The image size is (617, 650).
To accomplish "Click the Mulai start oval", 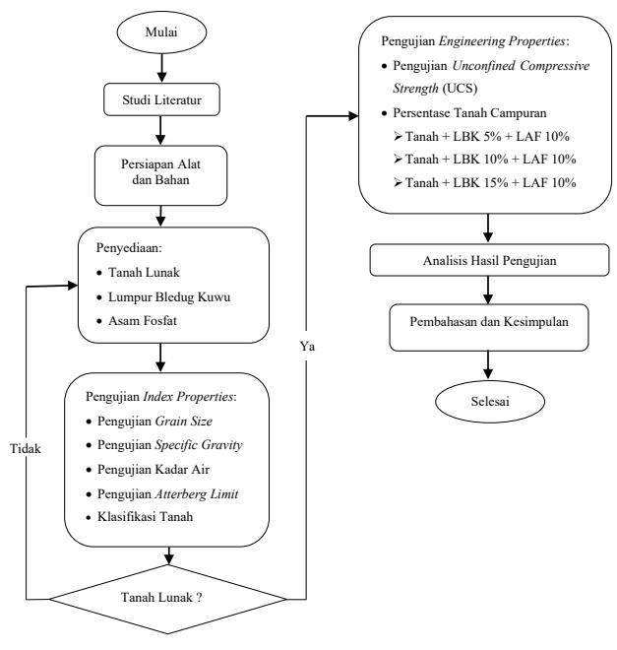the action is pos(161,32).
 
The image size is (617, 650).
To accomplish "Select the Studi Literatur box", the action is pos(161,99).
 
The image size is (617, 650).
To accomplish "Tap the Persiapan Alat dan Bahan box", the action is pos(160,175).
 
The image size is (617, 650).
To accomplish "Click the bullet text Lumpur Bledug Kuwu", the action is pos(169,296).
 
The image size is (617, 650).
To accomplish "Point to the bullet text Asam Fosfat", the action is pos(143,320).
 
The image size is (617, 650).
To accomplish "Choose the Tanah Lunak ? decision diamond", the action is pos(167,599).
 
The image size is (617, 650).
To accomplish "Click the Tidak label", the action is pos(26,448).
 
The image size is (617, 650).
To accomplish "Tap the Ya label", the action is pos(307,346).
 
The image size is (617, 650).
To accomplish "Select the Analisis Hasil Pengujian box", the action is pos(489,260).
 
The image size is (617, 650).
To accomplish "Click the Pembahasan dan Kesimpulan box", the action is pos(489,328).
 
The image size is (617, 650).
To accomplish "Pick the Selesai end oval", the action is pos(490,401).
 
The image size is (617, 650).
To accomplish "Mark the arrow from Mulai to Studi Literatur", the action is pos(162,68).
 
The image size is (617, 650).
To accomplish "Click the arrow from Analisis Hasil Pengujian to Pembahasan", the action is pos(488,291).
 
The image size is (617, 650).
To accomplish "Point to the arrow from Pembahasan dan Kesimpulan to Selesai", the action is pos(488,364).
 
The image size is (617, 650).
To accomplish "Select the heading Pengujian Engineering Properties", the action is pos(475,41).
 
